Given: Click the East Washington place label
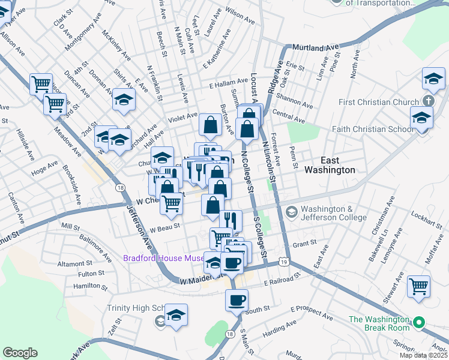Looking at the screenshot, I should point(338,165).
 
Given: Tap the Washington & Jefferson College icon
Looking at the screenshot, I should point(291,211).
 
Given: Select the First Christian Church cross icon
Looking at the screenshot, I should point(428,101).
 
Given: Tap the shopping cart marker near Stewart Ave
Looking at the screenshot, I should point(418,286).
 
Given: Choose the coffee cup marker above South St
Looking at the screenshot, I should point(237,299).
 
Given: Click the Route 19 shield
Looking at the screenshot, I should point(283,262).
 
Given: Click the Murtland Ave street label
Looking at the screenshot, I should point(316,46).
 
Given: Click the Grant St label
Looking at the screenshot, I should point(304,244).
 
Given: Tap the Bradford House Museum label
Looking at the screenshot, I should point(163,259).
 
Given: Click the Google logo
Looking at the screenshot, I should point(20,353).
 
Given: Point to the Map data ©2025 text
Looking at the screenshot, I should point(423,355).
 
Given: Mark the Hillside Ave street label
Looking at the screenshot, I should point(26,145).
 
